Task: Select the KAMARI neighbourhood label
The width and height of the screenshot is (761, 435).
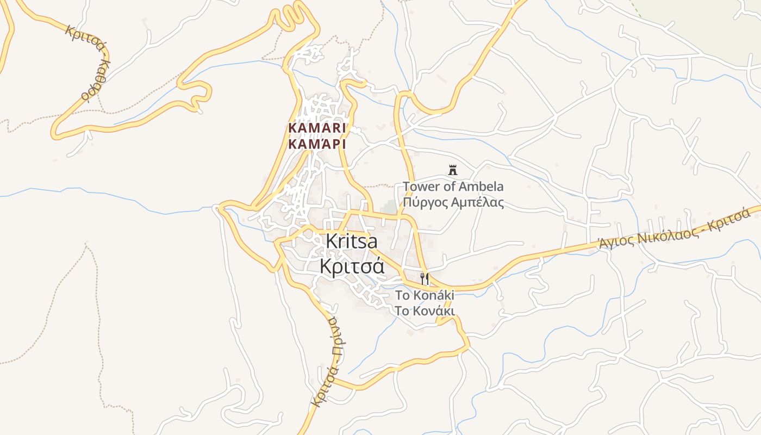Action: point(317,128)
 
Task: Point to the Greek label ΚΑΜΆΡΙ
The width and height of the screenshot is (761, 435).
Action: point(317,144)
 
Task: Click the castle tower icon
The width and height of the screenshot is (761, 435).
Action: point(452,170)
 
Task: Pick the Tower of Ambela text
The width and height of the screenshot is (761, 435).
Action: point(453,187)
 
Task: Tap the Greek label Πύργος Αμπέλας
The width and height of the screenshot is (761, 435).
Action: point(453,203)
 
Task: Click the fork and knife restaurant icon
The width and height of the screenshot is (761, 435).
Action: point(425,279)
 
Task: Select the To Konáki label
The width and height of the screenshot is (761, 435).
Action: point(424,295)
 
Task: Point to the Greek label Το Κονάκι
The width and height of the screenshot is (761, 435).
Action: point(424,311)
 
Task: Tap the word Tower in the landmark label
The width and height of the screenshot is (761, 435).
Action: point(419,187)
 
